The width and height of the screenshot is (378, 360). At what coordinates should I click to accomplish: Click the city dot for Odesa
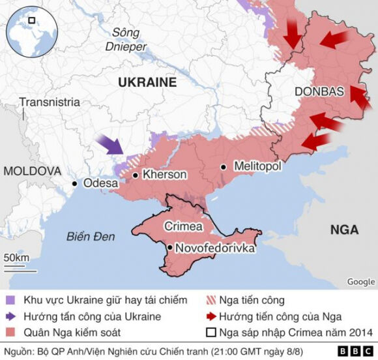tap(75, 184)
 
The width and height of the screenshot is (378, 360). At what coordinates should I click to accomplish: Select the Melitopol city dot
tap(224, 167)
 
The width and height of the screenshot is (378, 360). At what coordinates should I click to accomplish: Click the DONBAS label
tap(319, 92)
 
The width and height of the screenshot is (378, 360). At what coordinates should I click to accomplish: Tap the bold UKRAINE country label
tap(147, 82)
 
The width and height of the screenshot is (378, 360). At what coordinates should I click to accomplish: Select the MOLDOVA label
tap(32, 171)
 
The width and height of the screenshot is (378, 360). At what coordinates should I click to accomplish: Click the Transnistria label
tap(50, 102)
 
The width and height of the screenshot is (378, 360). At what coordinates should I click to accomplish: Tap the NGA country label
tap(343, 230)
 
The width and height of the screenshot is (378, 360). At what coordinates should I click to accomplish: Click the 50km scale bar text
tap(16, 258)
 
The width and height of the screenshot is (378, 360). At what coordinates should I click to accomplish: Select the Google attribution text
tap(360, 282)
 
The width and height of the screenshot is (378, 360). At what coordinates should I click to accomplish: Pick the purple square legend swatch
tap(10, 301)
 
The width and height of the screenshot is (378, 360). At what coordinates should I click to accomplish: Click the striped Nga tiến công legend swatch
tap(210, 301)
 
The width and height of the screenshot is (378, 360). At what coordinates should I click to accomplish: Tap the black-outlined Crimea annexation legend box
tap(210, 333)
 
